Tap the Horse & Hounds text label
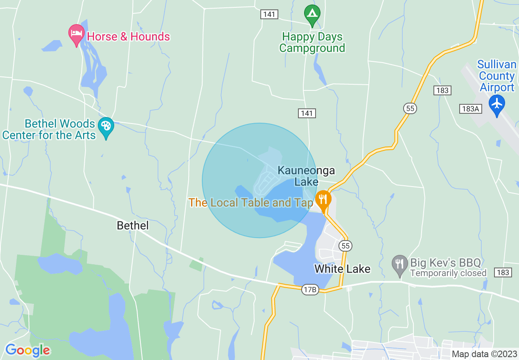click(x=129, y=36)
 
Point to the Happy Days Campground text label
click(x=312, y=43)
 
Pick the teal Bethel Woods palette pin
click(x=106, y=126)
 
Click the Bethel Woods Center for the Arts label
click(x=49, y=129)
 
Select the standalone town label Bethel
click(x=133, y=225)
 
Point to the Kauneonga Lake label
click(x=306, y=176)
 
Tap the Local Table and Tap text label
click(x=250, y=202)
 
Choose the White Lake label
click(x=342, y=269)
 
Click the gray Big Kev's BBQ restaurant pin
click(x=399, y=264)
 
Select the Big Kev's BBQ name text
click(x=445, y=262)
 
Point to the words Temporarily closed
click(x=448, y=273)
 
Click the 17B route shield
click(x=310, y=290)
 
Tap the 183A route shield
click(x=470, y=109)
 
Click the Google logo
click(x=28, y=350)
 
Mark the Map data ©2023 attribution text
click(x=484, y=354)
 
